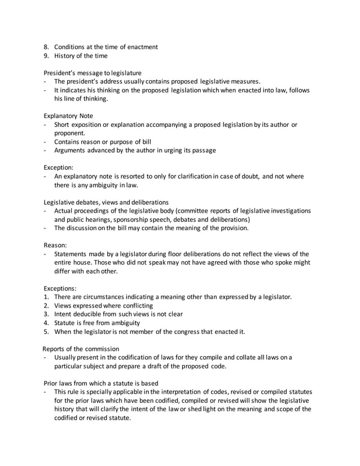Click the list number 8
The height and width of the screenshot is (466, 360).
(x=46, y=46)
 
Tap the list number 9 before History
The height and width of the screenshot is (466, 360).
(x=46, y=55)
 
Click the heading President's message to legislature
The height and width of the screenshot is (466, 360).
(x=93, y=73)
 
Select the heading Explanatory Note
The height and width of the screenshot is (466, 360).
(x=68, y=115)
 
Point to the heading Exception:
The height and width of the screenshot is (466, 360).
(x=58, y=168)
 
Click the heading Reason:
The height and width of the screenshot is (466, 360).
(x=55, y=245)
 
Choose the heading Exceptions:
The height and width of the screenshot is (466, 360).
(x=60, y=288)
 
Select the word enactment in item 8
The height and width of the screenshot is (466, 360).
(x=141, y=46)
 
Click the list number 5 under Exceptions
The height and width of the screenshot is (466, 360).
(x=46, y=331)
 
